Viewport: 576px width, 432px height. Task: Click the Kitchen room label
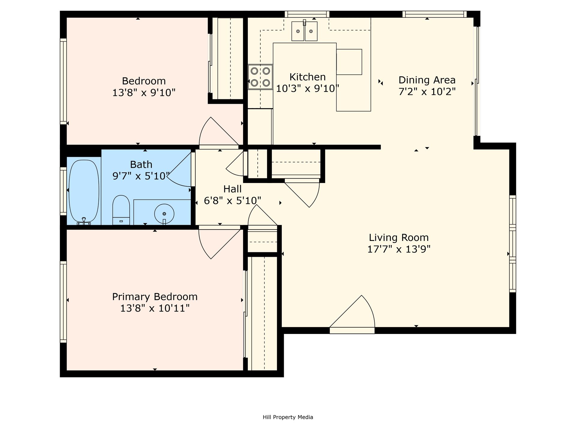[307, 77]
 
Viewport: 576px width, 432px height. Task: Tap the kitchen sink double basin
[304, 31]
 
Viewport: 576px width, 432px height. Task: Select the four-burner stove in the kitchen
[260, 77]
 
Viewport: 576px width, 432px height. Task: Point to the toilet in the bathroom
[121, 210]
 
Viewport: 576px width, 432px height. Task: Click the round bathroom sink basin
[164, 214]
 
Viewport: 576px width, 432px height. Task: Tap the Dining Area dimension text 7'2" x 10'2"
[427, 91]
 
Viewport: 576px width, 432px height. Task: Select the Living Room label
[398, 238]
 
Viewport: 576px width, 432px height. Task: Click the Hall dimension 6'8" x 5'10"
[232, 200]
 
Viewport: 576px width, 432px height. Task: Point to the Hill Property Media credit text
[288, 417]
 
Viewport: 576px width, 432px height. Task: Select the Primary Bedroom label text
[155, 297]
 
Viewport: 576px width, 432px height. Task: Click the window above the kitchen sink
[307, 14]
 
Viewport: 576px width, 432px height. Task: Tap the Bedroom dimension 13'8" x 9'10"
[144, 92]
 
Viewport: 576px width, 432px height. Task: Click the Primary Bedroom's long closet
[264, 313]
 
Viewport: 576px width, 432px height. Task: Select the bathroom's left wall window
[63, 191]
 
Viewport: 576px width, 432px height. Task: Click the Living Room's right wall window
[513, 244]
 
